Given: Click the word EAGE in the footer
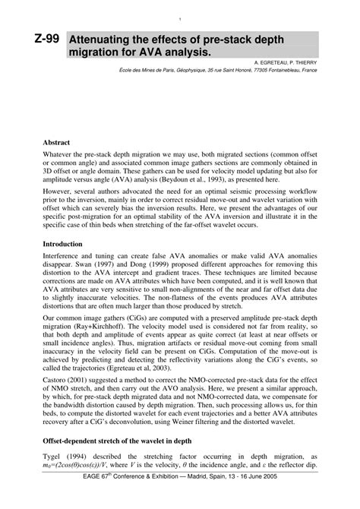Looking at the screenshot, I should pos(74,500).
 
